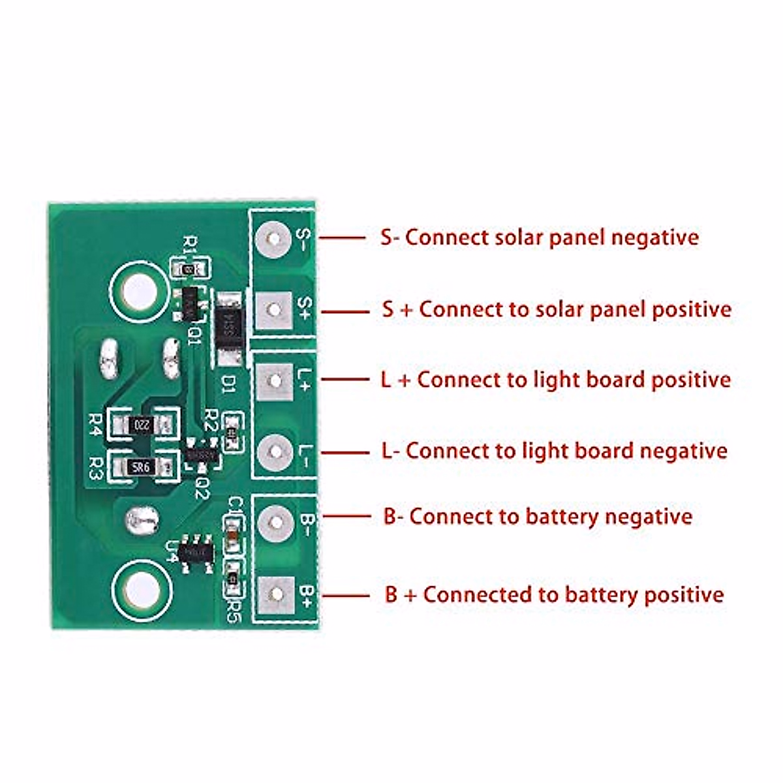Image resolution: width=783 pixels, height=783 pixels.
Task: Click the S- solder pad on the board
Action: click(274, 238)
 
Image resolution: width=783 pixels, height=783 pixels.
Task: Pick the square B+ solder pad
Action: click(275, 594)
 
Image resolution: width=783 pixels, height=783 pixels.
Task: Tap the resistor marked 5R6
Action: click(141, 467)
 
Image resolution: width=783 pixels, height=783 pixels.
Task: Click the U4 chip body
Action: click(196, 552)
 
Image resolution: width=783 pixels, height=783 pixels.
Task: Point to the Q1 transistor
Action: click(190, 303)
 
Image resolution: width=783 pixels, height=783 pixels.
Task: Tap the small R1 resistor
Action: click(190, 268)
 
